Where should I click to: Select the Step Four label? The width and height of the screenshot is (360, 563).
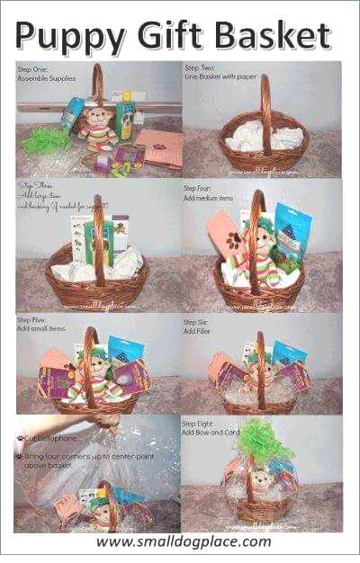199,188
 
